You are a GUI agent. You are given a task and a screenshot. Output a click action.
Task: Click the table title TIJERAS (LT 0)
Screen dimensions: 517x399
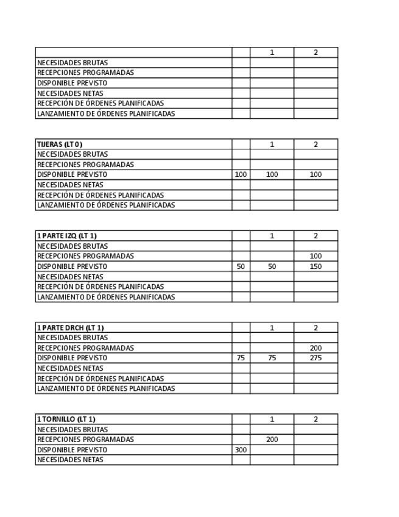(x=60, y=144)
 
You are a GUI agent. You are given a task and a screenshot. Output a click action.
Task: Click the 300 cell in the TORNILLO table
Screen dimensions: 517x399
(x=241, y=450)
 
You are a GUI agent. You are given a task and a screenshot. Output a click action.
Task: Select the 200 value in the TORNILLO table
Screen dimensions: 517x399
(x=272, y=440)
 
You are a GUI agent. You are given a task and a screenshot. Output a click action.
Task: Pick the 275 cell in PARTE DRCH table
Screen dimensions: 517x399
(x=316, y=358)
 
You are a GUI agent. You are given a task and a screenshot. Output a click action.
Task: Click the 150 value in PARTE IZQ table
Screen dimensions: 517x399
(x=316, y=266)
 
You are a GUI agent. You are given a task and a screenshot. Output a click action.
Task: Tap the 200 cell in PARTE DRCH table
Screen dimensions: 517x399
(x=316, y=348)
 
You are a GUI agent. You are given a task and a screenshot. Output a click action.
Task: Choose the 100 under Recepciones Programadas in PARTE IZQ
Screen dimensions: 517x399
(x=316, y=256)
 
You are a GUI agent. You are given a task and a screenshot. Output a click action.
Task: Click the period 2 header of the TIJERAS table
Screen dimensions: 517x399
(x=316, y=144)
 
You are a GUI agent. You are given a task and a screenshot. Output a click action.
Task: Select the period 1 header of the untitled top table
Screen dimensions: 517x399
(x=272, y=52)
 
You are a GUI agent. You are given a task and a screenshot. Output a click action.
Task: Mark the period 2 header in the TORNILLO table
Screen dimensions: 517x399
(x=316, y=419)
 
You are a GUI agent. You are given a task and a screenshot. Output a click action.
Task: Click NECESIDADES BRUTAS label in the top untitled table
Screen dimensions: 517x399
(x=72, y=63)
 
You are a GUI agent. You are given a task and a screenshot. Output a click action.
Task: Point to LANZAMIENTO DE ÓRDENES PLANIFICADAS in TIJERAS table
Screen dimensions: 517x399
(x=106, y=205)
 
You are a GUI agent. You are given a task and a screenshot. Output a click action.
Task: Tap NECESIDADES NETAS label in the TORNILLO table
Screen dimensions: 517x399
(x=70, y=460)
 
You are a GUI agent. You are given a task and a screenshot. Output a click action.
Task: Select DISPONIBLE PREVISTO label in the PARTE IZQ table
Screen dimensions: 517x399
(x=72, y=266)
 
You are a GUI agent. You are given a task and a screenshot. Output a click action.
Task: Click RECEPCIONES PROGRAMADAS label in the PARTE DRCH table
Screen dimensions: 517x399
(x=85, y=348)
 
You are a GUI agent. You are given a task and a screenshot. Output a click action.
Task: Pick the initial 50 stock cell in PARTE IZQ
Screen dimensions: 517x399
(x=241, y=266)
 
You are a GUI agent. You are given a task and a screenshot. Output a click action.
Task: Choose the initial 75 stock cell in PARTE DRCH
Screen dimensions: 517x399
(x=241, y=358)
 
